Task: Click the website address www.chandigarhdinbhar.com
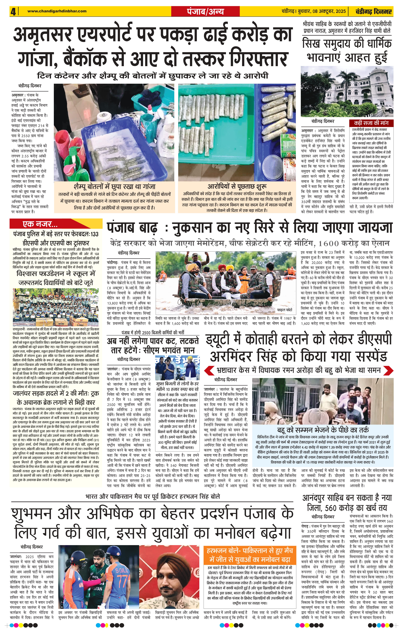pos(57,11)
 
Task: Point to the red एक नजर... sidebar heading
pos(40,224)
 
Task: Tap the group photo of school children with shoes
pos(56,307)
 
